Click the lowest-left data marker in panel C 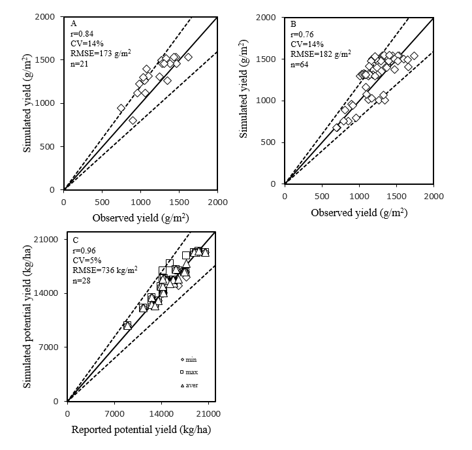tap(127, 325)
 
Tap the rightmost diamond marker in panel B tap(413, 56)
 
